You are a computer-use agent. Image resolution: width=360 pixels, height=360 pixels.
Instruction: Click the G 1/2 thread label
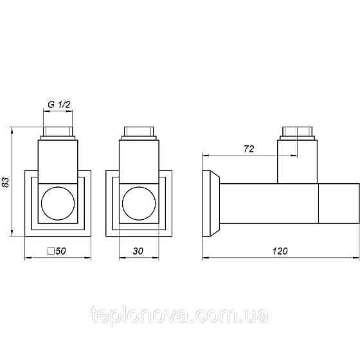point(59,105)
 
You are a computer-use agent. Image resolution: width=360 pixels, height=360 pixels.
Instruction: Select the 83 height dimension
point(6,181)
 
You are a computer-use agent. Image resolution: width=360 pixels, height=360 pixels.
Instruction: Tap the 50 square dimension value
point(60,251)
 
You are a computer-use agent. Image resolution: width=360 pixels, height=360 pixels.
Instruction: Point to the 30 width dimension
point(138,251)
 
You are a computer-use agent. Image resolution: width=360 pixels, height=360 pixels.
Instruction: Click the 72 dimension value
point(249,149)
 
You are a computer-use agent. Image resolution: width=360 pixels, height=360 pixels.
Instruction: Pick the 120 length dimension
point(280,251)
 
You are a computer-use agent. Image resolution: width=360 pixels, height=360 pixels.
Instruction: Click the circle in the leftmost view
point(58,203)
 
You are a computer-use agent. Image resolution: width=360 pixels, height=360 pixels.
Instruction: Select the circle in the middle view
point(139,203)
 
